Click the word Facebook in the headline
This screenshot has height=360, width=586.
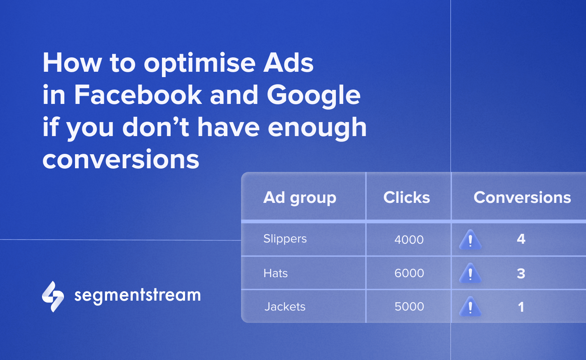point(138,94)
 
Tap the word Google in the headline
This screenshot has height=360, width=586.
point(314,97)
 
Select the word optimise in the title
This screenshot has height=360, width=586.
point(199,64)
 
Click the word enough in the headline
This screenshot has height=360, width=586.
point(317,129)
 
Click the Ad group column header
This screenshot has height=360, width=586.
point(300,198)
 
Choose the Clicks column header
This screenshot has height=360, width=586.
point(407,197)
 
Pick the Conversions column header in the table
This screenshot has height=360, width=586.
point(522,197)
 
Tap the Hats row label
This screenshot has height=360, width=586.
point(275,273)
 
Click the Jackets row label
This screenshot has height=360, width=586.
point(285,306)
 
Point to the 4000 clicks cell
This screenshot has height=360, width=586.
point(409,240)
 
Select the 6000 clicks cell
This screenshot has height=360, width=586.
point(409,273)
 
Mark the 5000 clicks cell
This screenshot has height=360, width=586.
point(409,306)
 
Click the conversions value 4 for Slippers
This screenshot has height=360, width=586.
point(521,239)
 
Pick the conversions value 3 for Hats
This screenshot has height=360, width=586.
point(521,273)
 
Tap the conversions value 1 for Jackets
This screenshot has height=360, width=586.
point(521,307)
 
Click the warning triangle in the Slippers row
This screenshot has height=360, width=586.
point(470,240)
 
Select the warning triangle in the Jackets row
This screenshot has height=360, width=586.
point(470,306)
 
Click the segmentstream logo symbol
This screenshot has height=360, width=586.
point(53,296)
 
